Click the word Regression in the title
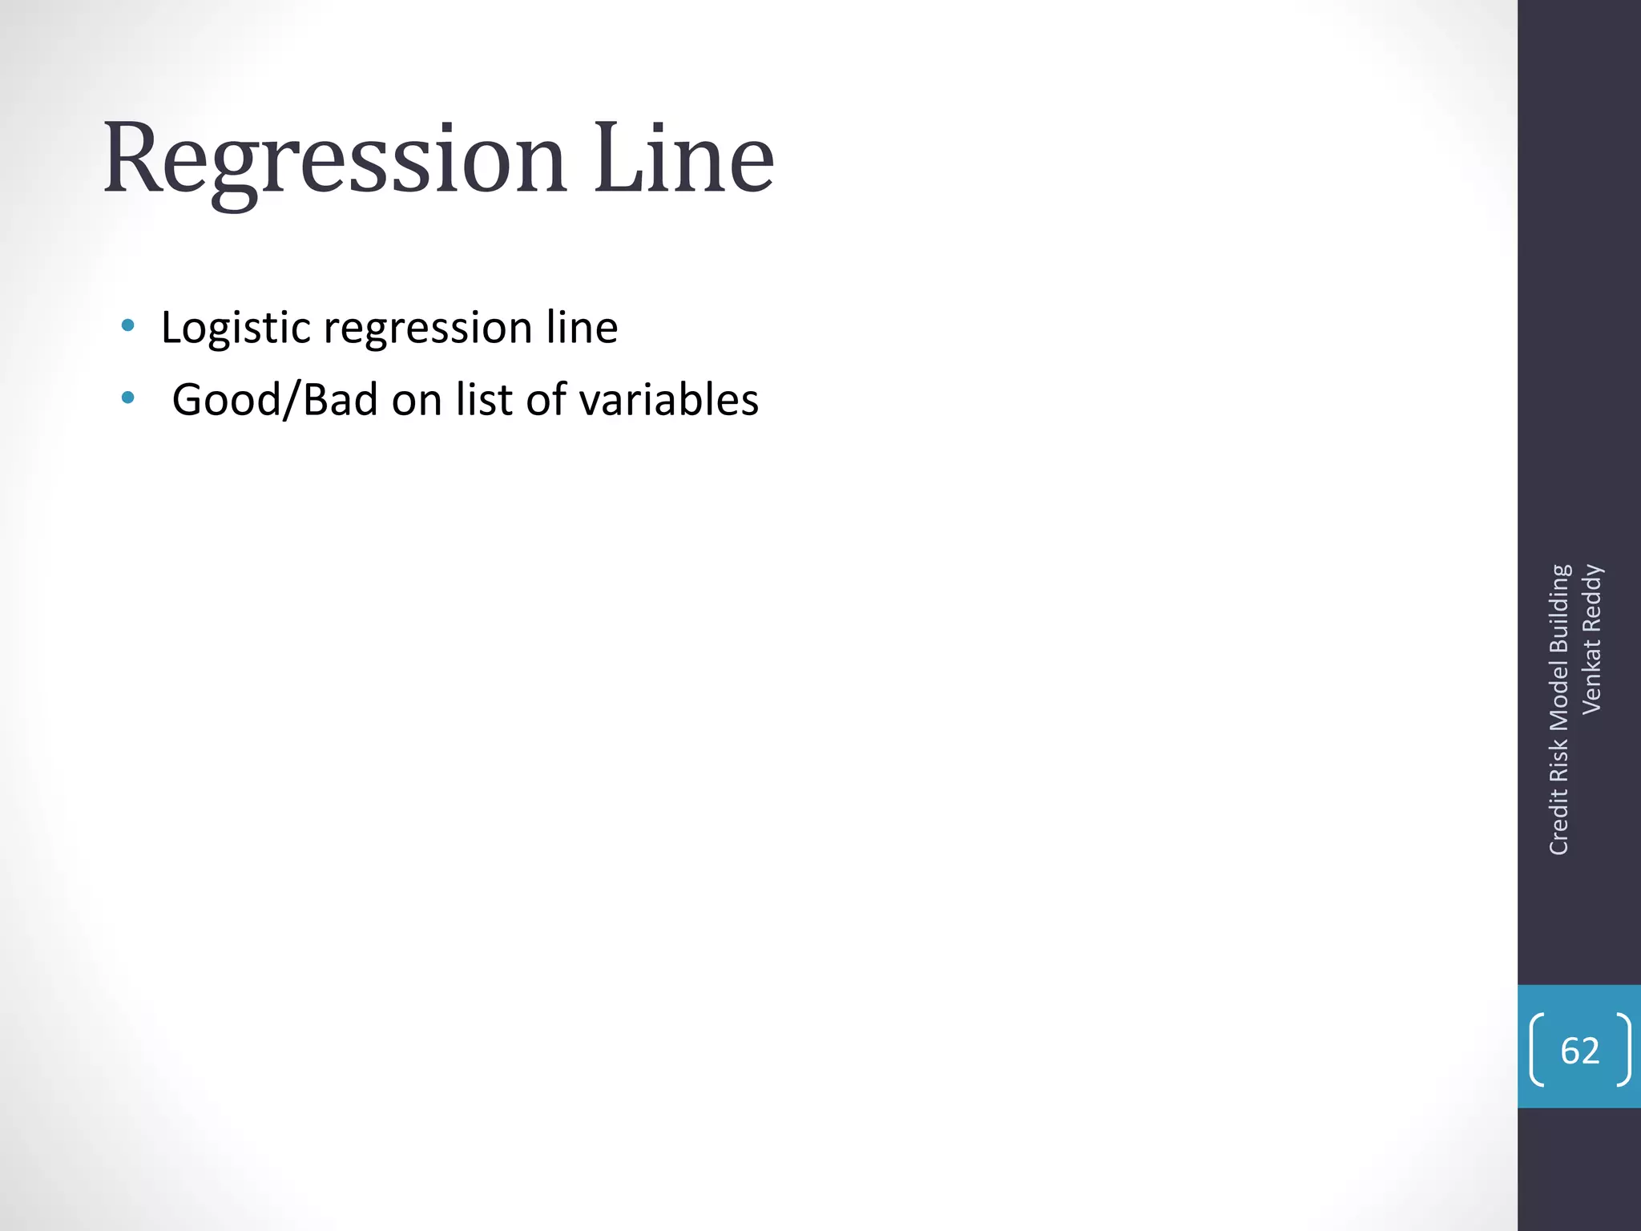point(335,160)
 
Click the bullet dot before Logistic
point(127,325)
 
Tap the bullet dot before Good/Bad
point(127,398)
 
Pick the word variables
point(668,399)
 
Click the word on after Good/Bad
point(417,400)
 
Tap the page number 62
point(1580,1051)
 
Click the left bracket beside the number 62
point(1537,1050)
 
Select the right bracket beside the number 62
point(1623,1050)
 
